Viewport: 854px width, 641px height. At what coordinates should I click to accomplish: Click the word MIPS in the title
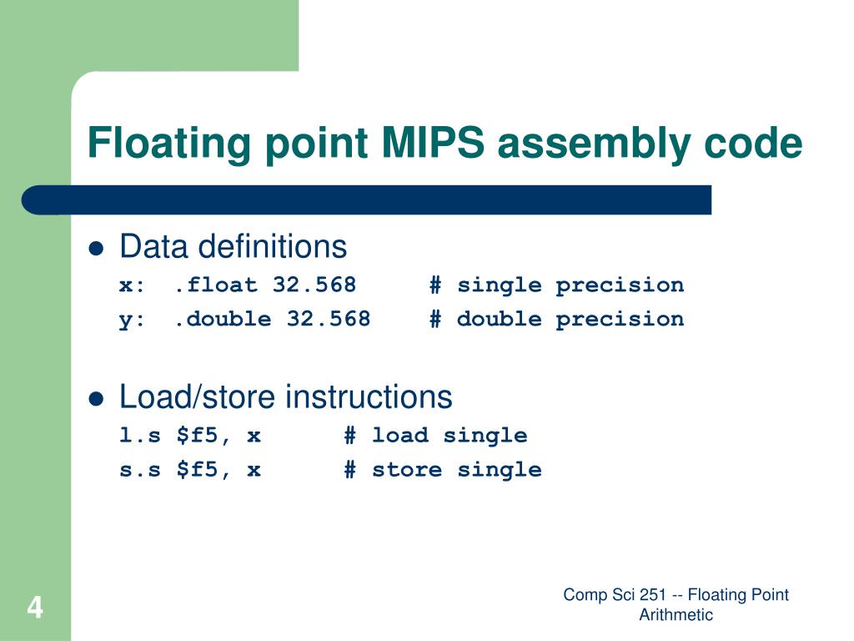(x=433, y=143)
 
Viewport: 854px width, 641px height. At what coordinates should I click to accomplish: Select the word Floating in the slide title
(x=169, y=143)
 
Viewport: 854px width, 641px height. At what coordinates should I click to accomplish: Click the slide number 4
(x=34, y=608)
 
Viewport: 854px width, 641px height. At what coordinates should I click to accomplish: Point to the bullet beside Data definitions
(x=97, y=248)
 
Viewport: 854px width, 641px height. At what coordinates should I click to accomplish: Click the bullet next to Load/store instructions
(x=97, y=398)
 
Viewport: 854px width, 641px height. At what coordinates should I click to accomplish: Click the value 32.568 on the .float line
(x=314, y=285)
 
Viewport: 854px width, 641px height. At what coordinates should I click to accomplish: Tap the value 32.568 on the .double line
(x=329, y=319)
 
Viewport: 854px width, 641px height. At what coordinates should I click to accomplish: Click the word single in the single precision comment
(x=499, y=285)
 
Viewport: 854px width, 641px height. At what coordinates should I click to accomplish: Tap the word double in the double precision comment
(x=499, y=319)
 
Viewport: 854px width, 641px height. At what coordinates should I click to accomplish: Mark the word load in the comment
(x=399, y=436)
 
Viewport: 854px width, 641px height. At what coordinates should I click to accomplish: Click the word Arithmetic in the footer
(x=676, y=615)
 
